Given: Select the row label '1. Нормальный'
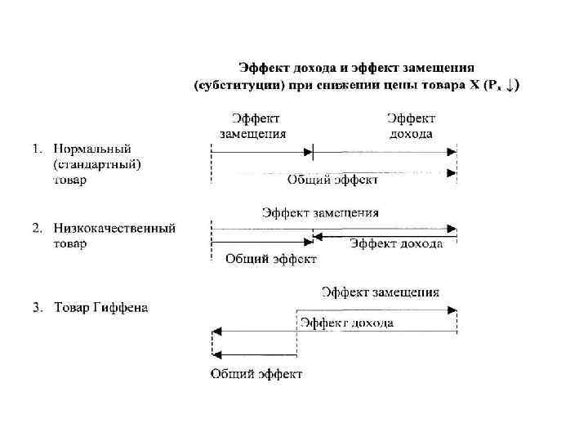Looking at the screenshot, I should point(81,149).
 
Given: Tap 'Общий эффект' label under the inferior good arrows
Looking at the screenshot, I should point(270,259).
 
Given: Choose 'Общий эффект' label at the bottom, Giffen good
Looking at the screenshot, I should point(256,374).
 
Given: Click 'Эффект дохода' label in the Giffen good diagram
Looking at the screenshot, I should point(346,323).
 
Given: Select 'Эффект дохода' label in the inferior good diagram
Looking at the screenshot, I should point(396,244).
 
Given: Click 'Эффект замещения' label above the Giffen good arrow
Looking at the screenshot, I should point(380,292).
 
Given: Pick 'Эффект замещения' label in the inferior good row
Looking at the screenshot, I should point(320,213).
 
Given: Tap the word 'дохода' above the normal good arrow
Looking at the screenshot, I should point(411,134).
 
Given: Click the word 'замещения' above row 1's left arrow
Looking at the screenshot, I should point(253,134).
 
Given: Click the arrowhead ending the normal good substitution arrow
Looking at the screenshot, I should point(309,152).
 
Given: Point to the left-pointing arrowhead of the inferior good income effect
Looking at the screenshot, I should point(316,236).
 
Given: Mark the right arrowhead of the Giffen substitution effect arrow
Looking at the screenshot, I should point(452,310).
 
